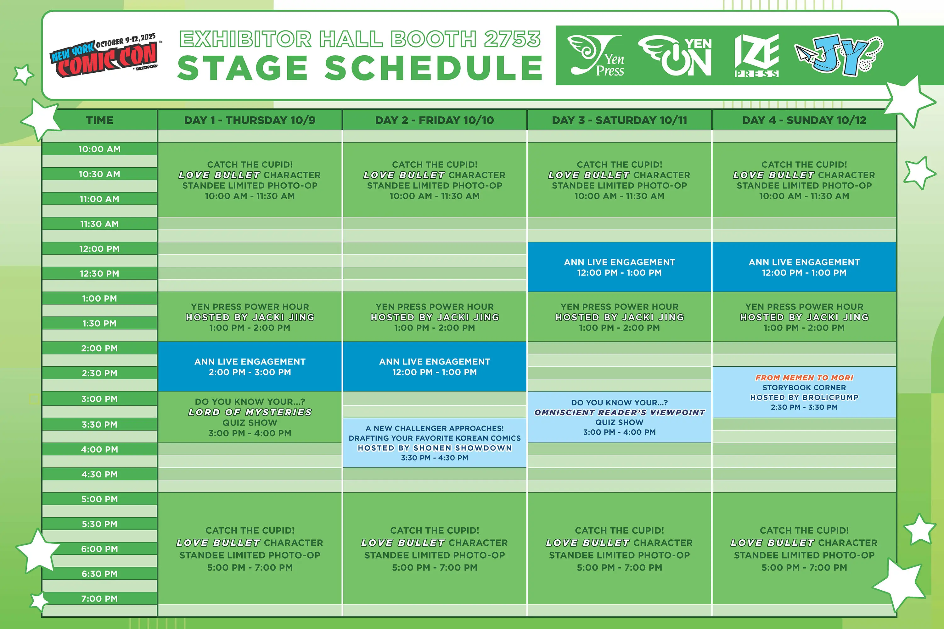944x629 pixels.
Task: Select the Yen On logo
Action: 675,55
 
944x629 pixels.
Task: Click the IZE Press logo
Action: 756,55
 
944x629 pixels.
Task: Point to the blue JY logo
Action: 839,55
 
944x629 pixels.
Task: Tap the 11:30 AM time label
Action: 99,224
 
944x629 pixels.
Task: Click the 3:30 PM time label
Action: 99,424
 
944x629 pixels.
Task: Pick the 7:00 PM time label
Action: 99,598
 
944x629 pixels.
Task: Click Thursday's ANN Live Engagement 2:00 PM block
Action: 250,367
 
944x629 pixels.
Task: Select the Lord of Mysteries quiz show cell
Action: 250,417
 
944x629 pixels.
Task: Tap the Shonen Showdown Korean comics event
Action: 434,443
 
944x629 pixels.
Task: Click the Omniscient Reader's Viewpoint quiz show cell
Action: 619,417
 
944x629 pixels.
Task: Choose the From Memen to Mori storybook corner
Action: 804,392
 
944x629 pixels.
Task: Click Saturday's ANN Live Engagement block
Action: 619,267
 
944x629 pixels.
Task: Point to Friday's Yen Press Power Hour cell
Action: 434,317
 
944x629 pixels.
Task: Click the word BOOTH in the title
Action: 434,39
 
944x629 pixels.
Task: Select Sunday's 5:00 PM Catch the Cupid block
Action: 804,548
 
